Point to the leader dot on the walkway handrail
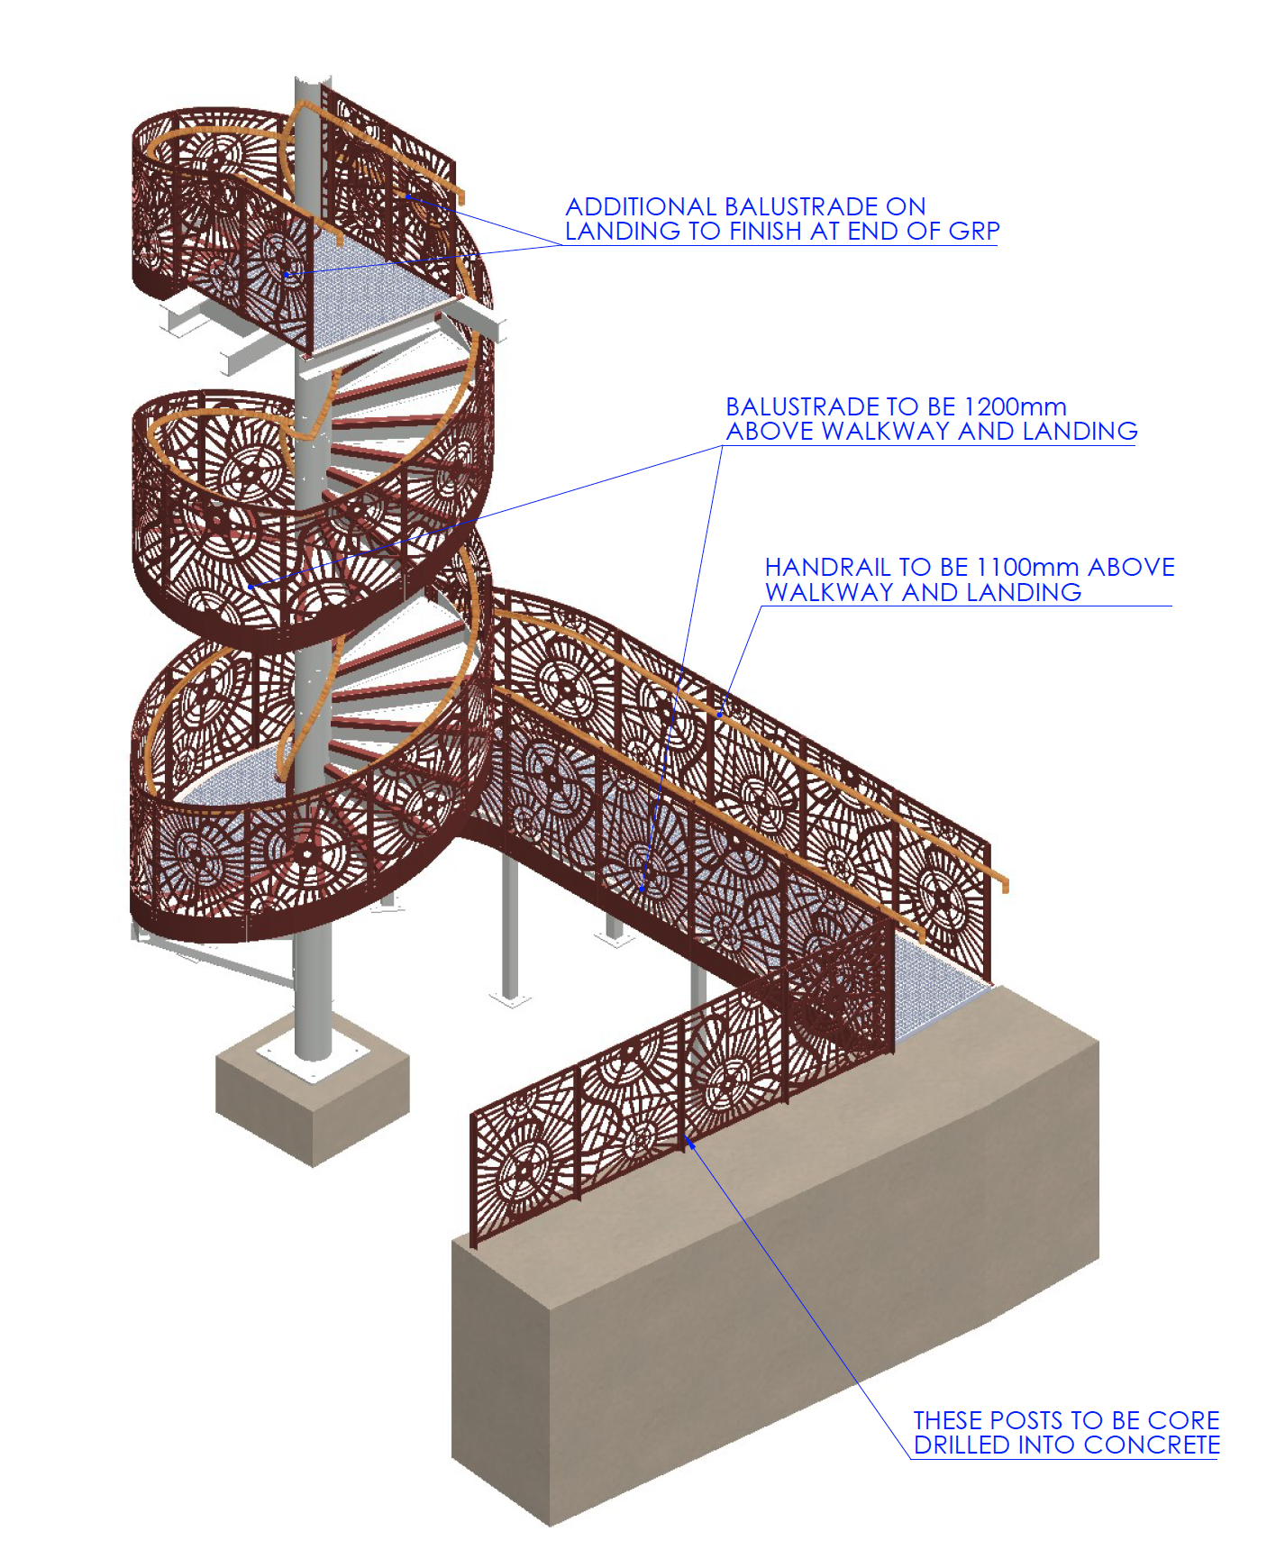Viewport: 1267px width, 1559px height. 719,715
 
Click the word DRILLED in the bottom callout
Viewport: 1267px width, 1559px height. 962,1445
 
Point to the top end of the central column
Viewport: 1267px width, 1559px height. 307,86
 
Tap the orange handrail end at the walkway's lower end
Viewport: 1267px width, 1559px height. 1003,885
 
